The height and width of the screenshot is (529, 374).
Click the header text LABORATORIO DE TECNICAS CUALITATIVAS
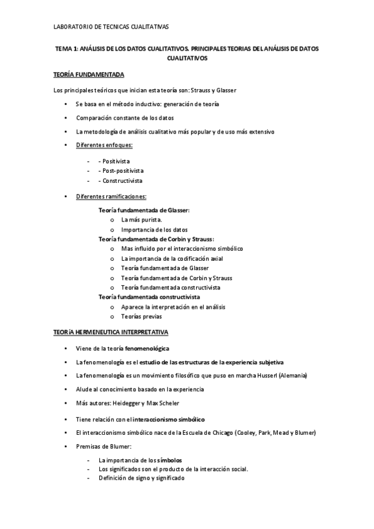(111, 27)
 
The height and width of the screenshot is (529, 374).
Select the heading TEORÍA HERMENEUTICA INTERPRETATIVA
(111, 332)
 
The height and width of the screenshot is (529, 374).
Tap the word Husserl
(265, 376)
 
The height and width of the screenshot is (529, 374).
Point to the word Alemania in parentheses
(293, 376)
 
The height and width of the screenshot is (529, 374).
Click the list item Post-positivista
(121, 170)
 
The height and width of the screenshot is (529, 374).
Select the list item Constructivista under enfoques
(121, 180)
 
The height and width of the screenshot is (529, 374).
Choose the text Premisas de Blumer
(104, 447)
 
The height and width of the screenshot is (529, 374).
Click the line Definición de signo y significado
(141, 478)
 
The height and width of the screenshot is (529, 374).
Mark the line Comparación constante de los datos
(125, 117)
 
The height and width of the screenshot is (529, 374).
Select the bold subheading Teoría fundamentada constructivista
(149, 298)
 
